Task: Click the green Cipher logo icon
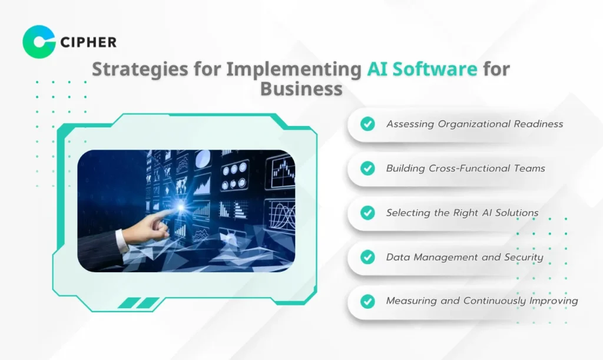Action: [39, 42]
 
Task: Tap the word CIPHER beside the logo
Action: [88, 42]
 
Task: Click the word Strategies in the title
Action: [140, 70]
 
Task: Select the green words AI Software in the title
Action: [422, 69]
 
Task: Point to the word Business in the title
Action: [301, 88]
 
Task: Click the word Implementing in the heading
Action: [293, 70]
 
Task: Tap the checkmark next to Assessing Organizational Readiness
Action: [367, 124]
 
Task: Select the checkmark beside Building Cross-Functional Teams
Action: [367, 168]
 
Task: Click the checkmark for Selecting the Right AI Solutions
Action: [367, 213]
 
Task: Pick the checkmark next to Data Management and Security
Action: [367, 257]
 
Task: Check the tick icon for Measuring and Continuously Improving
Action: [367, 301]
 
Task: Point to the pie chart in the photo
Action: [203, 159]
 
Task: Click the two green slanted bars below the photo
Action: [138, 303]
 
